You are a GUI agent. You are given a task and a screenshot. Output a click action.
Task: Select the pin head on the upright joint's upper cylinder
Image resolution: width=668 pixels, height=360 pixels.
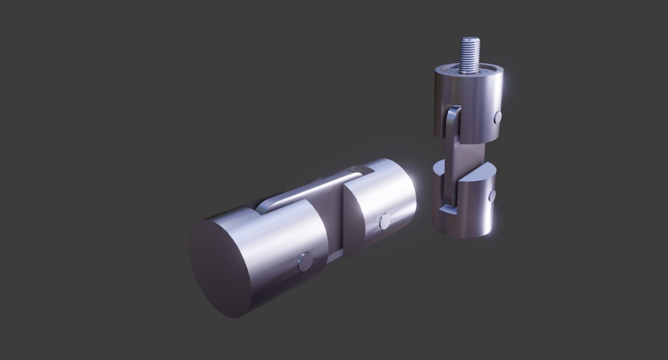(497, 118)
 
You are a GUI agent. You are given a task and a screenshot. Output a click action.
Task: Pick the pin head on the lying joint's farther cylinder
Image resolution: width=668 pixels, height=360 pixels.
(384, 222)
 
